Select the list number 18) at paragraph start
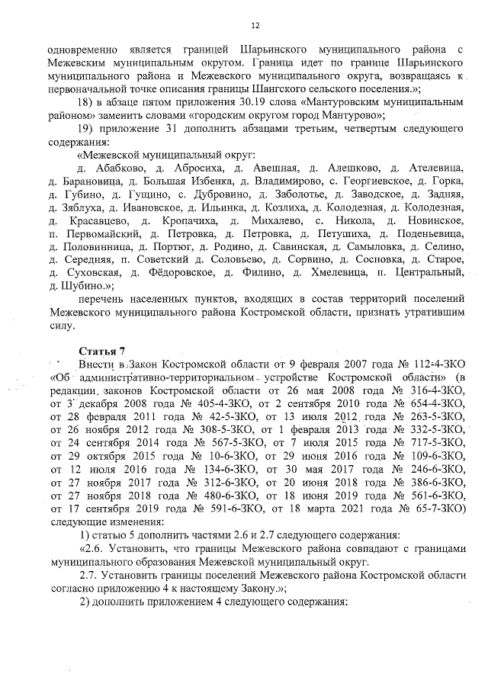pyautogui.click(x=86, y=103)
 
